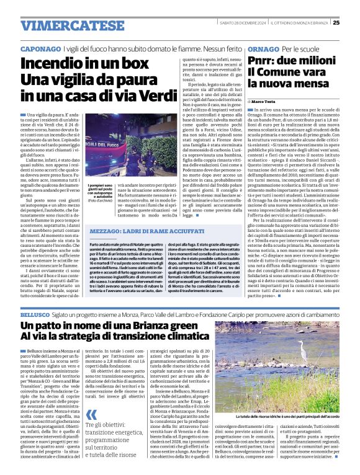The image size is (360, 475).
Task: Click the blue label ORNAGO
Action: click(263, 48)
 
